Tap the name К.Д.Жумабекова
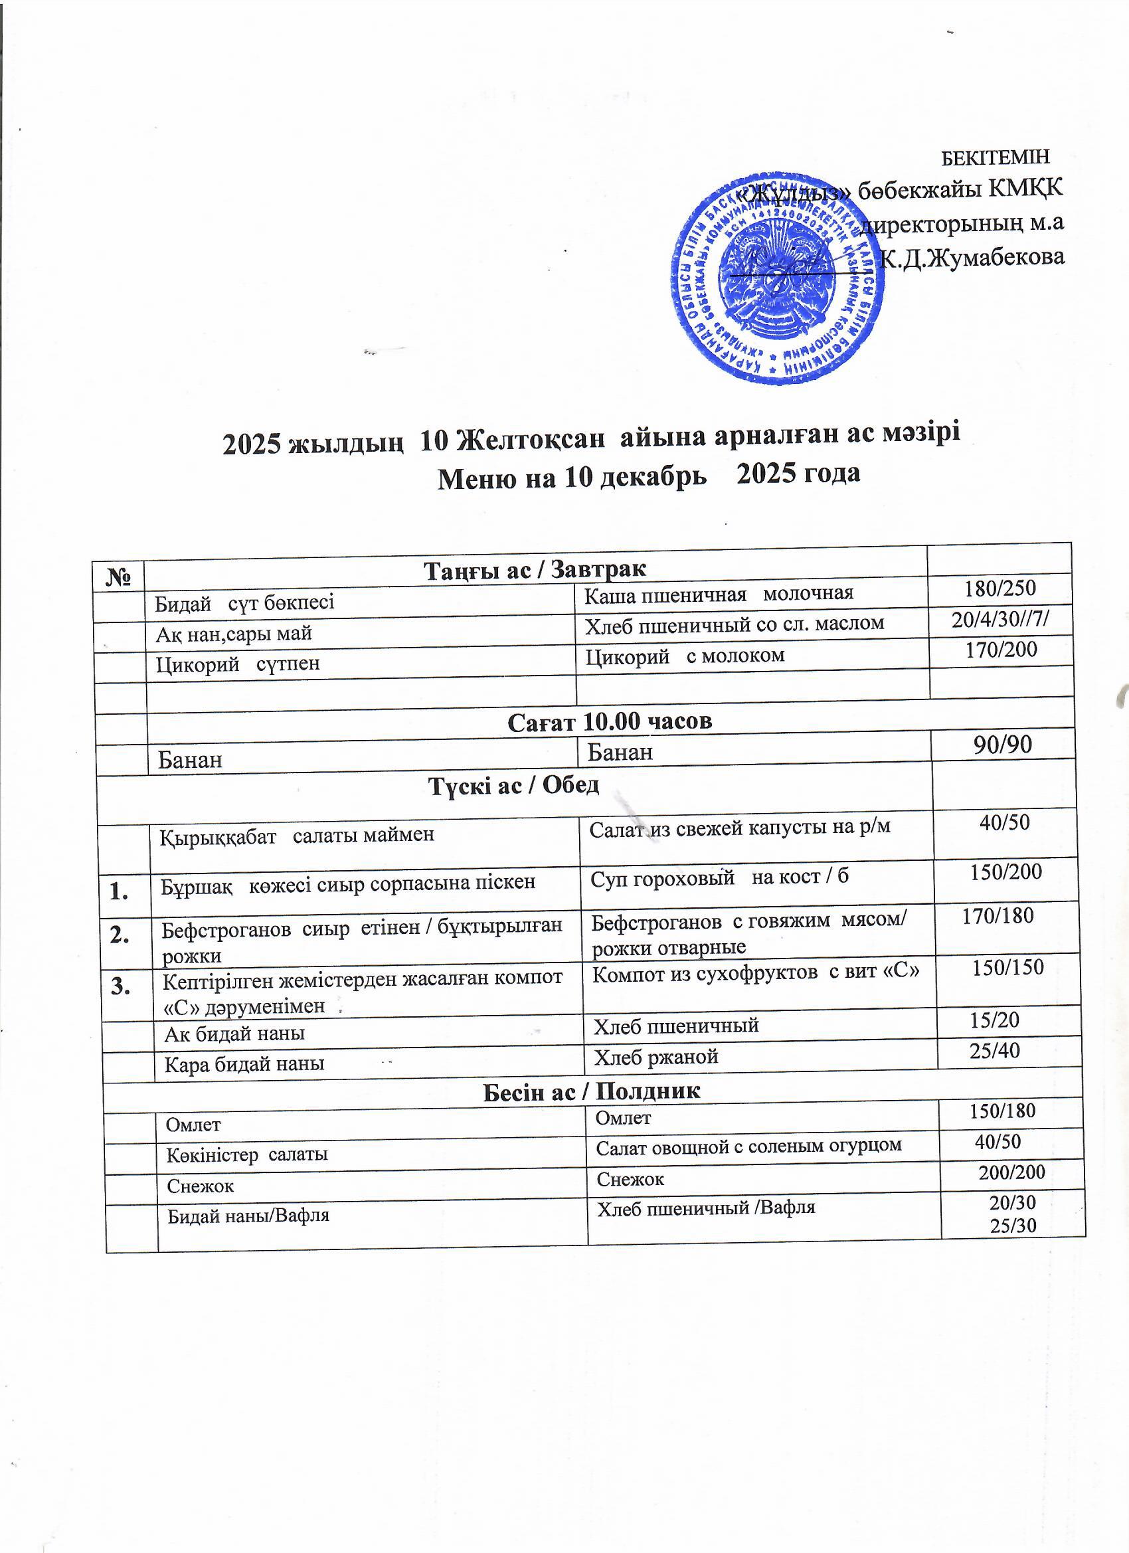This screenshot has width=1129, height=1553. click(973, 258)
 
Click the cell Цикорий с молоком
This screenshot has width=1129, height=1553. click(685, 656)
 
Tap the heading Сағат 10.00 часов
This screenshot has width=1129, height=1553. click(610, 721)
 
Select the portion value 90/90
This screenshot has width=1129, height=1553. click(1002, 745)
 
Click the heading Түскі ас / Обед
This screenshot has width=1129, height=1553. click(513, 786)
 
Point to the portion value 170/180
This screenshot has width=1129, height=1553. click(998, 915)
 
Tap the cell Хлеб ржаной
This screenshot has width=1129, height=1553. click(656, 1057)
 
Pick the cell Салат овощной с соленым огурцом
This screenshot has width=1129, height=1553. click(749, 1146)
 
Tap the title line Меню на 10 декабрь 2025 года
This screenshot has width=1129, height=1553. click(648, 475)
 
